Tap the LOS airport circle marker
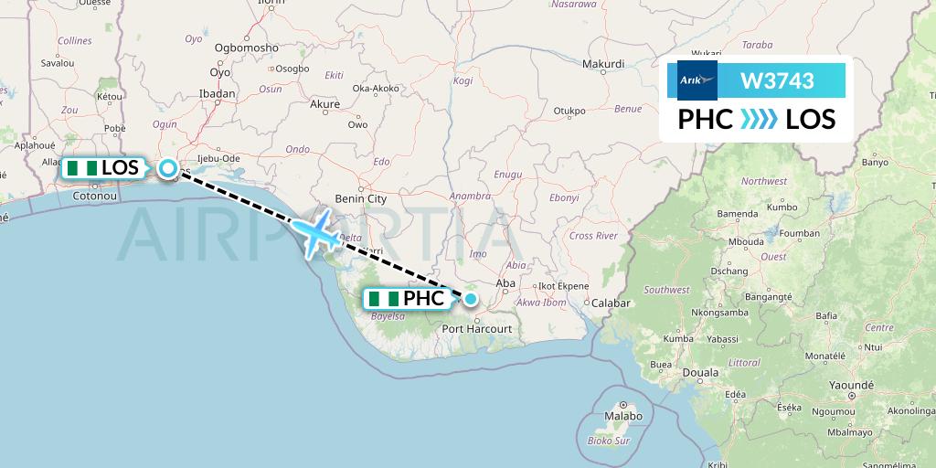[x=169, y=168]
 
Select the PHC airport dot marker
[x=470, y=298]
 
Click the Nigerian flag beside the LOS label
[x=82, y=168]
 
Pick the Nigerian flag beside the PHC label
[x=384, y=299]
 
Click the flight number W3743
[x=776, y=81]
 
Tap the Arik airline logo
[x=697, y=80]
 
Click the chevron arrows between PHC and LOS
[x=759, y=120]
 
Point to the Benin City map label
[x=362, y=198]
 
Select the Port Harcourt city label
[x=477, y=328]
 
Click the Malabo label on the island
[x=622, y=416]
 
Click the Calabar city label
[x=612, y=303]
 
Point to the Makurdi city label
[x=603, y=64]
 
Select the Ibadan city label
[x=218, y=93]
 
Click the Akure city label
[x=325, y=104]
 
